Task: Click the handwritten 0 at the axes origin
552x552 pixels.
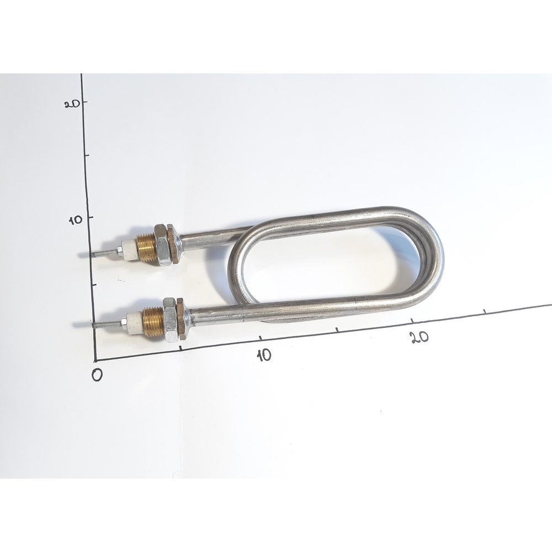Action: pyautogui.click(x=97, y=375)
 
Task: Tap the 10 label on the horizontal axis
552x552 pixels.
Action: pyautogui.click(x=264, y=355)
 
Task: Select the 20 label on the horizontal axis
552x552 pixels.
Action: pyautogui.click(x=420, y=337)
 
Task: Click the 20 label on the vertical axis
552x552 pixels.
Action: pyautogui.click(x=72, y=104)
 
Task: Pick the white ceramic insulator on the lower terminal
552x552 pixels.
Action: pyautogui.click(x=135, y=321)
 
